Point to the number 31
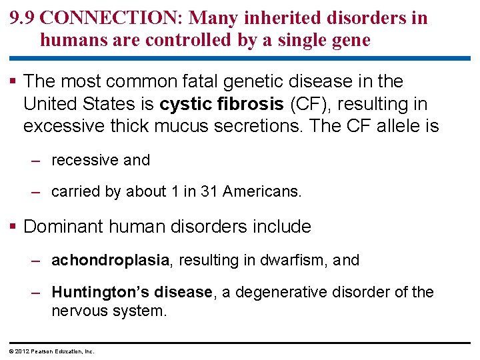tap(209, 192)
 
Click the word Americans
tap(262, 192)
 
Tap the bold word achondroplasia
tap(110, 260)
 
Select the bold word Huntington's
tap(100, 293)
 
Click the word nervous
tap(78, 310)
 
